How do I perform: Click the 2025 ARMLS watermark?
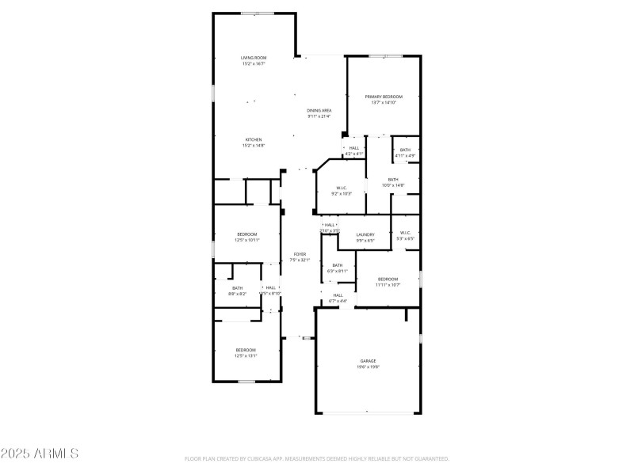click(x=40, y=454)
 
